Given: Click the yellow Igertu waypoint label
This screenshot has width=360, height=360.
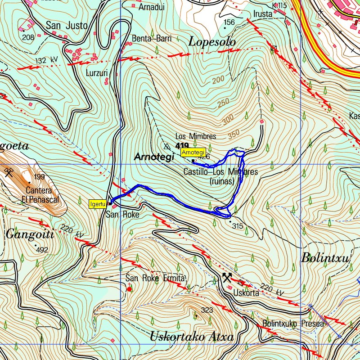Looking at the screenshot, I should [97, 204].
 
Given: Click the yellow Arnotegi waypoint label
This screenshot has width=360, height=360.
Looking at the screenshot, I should [193, 152].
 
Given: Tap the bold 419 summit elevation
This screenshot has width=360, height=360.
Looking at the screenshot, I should [182, 145].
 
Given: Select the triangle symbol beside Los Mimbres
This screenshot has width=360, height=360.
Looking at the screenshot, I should [167, 146].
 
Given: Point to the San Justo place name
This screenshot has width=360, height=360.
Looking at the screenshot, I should [67, 26].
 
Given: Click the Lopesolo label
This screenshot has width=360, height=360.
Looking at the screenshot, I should [212, 42].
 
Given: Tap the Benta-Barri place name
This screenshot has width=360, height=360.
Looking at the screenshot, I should [152, 39].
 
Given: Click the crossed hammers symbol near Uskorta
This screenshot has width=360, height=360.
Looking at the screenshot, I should [227, 277].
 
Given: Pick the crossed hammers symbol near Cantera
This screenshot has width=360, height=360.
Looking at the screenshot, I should [9, 172].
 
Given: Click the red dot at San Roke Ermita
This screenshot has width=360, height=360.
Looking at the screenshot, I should [130, 289].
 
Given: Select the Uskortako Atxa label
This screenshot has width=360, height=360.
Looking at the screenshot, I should [191, 337].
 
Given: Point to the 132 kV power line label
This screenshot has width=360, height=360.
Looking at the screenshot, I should [47, 60].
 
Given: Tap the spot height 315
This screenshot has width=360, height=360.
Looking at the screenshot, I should [238, 226].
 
